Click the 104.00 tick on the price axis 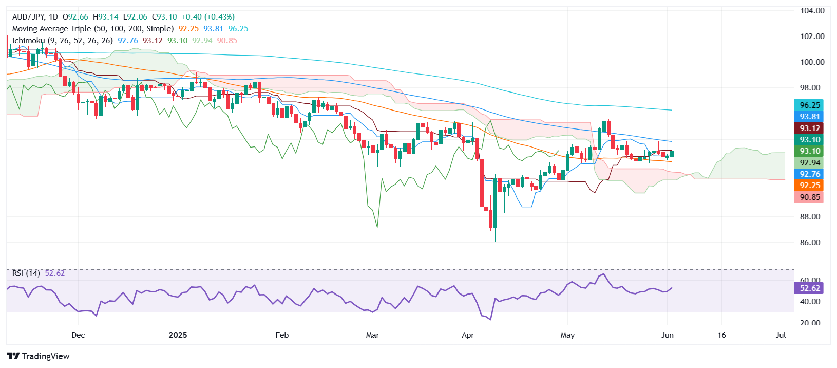812,11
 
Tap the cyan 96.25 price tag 809,105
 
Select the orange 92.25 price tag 809,186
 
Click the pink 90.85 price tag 809,197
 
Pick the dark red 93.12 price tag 809,128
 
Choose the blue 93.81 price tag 809,117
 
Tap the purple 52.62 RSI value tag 809,288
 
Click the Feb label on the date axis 282,335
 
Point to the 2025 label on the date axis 178,335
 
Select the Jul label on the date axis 781,335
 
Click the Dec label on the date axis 78,335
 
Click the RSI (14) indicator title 26,273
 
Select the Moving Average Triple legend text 92,29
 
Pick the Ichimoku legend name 28,41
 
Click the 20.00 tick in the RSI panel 810,323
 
